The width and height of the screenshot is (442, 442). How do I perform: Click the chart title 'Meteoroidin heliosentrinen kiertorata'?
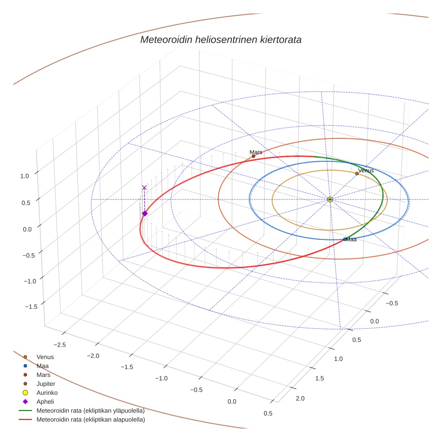click(x=221, y=40)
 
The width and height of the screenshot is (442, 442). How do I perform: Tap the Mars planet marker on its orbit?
click(x=253, y=156)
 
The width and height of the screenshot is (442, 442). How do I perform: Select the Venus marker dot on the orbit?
click(x=357, y=173)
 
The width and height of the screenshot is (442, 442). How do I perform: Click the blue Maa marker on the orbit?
click(x=345, y=239)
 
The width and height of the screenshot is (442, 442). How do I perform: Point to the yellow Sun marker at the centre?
click(x=330, y=199)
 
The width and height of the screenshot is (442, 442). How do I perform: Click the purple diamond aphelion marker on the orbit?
click(x=145, y=213)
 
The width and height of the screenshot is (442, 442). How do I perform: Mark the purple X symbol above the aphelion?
click(x=144, y=187)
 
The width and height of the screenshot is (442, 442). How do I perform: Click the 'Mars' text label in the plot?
click(x=256, y=152)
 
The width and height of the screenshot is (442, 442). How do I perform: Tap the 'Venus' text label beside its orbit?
click(x=366, y=170)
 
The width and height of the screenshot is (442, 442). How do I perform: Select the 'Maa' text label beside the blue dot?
click(x=351, y=240)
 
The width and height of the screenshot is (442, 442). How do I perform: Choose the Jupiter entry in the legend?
click(x=45, y=384)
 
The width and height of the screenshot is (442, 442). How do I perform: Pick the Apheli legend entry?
click(x=45, y=402)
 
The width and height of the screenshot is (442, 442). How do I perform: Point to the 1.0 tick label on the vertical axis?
click(x=24, y=176)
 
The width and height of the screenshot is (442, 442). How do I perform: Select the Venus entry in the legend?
click(x=45, y=357)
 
